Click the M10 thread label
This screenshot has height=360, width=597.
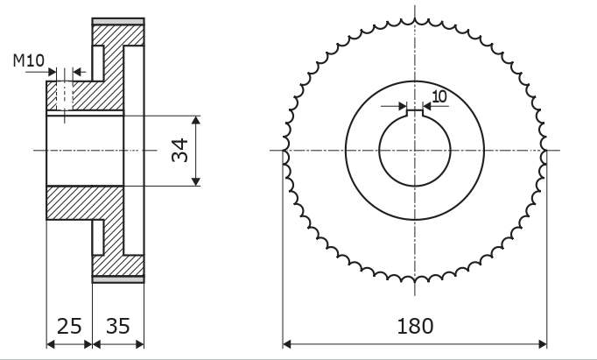click(x=29, y=60)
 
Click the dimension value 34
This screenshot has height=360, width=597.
click(x=179, y=151)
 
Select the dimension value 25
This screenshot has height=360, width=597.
click(x=69, y=326)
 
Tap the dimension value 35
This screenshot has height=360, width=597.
click(x=117, y=326)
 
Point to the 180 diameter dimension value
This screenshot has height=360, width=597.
click(x=415, y=326)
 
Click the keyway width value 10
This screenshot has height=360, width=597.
click(x=439, y=96)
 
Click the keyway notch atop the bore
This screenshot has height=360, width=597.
click(x=415, y=113)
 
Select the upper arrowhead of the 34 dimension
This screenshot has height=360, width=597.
click(x=196, y=120)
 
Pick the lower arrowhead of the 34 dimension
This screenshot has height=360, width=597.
click(x=196, y=181)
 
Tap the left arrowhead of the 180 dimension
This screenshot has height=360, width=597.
click(x=287, y=344)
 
